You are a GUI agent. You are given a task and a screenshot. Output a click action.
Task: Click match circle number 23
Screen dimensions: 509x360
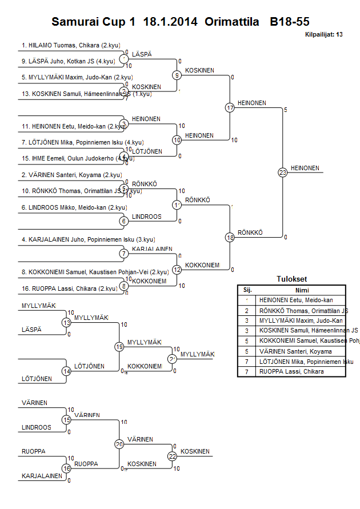click(x=282, y=172)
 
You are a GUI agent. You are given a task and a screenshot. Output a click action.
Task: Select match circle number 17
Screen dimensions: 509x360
click(x=230, y=107)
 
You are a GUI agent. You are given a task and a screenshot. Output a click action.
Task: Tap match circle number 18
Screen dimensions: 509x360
click(x=230, y=237)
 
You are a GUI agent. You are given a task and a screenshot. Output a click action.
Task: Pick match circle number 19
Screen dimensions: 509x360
click(x=119, y=347)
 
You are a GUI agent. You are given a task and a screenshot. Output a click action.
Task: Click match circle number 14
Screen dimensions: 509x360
click(x=66, y=371)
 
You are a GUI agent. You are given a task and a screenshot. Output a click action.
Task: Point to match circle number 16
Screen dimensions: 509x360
click(x=66, y=468)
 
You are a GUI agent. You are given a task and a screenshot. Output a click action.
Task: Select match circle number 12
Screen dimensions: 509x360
click(x=177, y=269)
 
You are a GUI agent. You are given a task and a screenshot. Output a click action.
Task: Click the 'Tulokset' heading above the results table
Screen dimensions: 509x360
click(x=291, y=279)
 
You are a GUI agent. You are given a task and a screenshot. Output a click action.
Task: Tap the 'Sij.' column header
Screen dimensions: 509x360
click(x=247, y=290)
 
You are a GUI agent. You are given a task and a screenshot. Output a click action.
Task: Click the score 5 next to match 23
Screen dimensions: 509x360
click(x=285, y=109)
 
